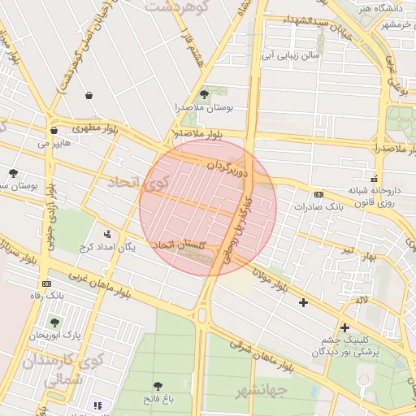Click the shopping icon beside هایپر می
point(54,130)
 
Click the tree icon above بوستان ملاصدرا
point(203,94)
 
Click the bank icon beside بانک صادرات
point(318,195)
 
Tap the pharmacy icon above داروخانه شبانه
point(374,177)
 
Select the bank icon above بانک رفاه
point(46,284)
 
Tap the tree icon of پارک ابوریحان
point(54,323)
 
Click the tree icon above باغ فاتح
point(158,386)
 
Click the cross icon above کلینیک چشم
point(344,327)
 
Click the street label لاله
point(362,301)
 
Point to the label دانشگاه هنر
point(381,9)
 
